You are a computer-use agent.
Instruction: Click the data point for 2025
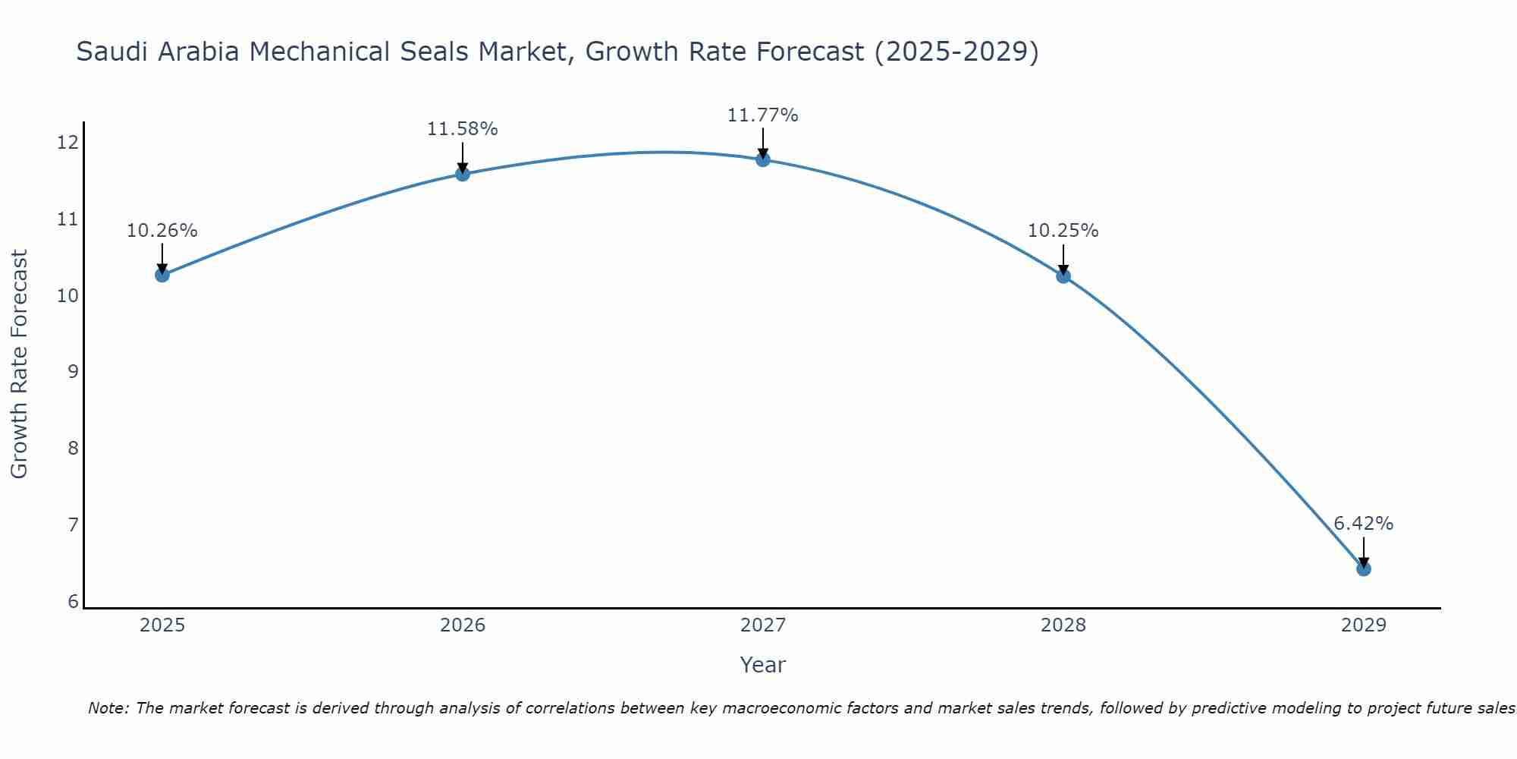162,275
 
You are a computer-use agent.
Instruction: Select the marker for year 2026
462,174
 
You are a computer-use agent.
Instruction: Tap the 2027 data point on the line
762,159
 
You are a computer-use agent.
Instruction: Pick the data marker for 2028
1063,276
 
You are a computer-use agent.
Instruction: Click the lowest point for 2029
1363,568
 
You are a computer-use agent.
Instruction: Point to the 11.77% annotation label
762,115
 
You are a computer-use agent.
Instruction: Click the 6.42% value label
1363,524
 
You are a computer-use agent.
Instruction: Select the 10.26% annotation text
162,231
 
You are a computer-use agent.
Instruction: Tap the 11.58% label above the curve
462,129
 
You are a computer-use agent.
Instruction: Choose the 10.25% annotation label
1063,231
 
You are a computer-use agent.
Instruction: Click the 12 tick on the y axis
68,142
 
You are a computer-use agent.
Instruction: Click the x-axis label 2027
762,625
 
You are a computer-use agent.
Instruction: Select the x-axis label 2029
1363,625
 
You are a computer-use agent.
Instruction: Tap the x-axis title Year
762,665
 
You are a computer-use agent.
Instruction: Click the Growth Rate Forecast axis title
19,364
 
